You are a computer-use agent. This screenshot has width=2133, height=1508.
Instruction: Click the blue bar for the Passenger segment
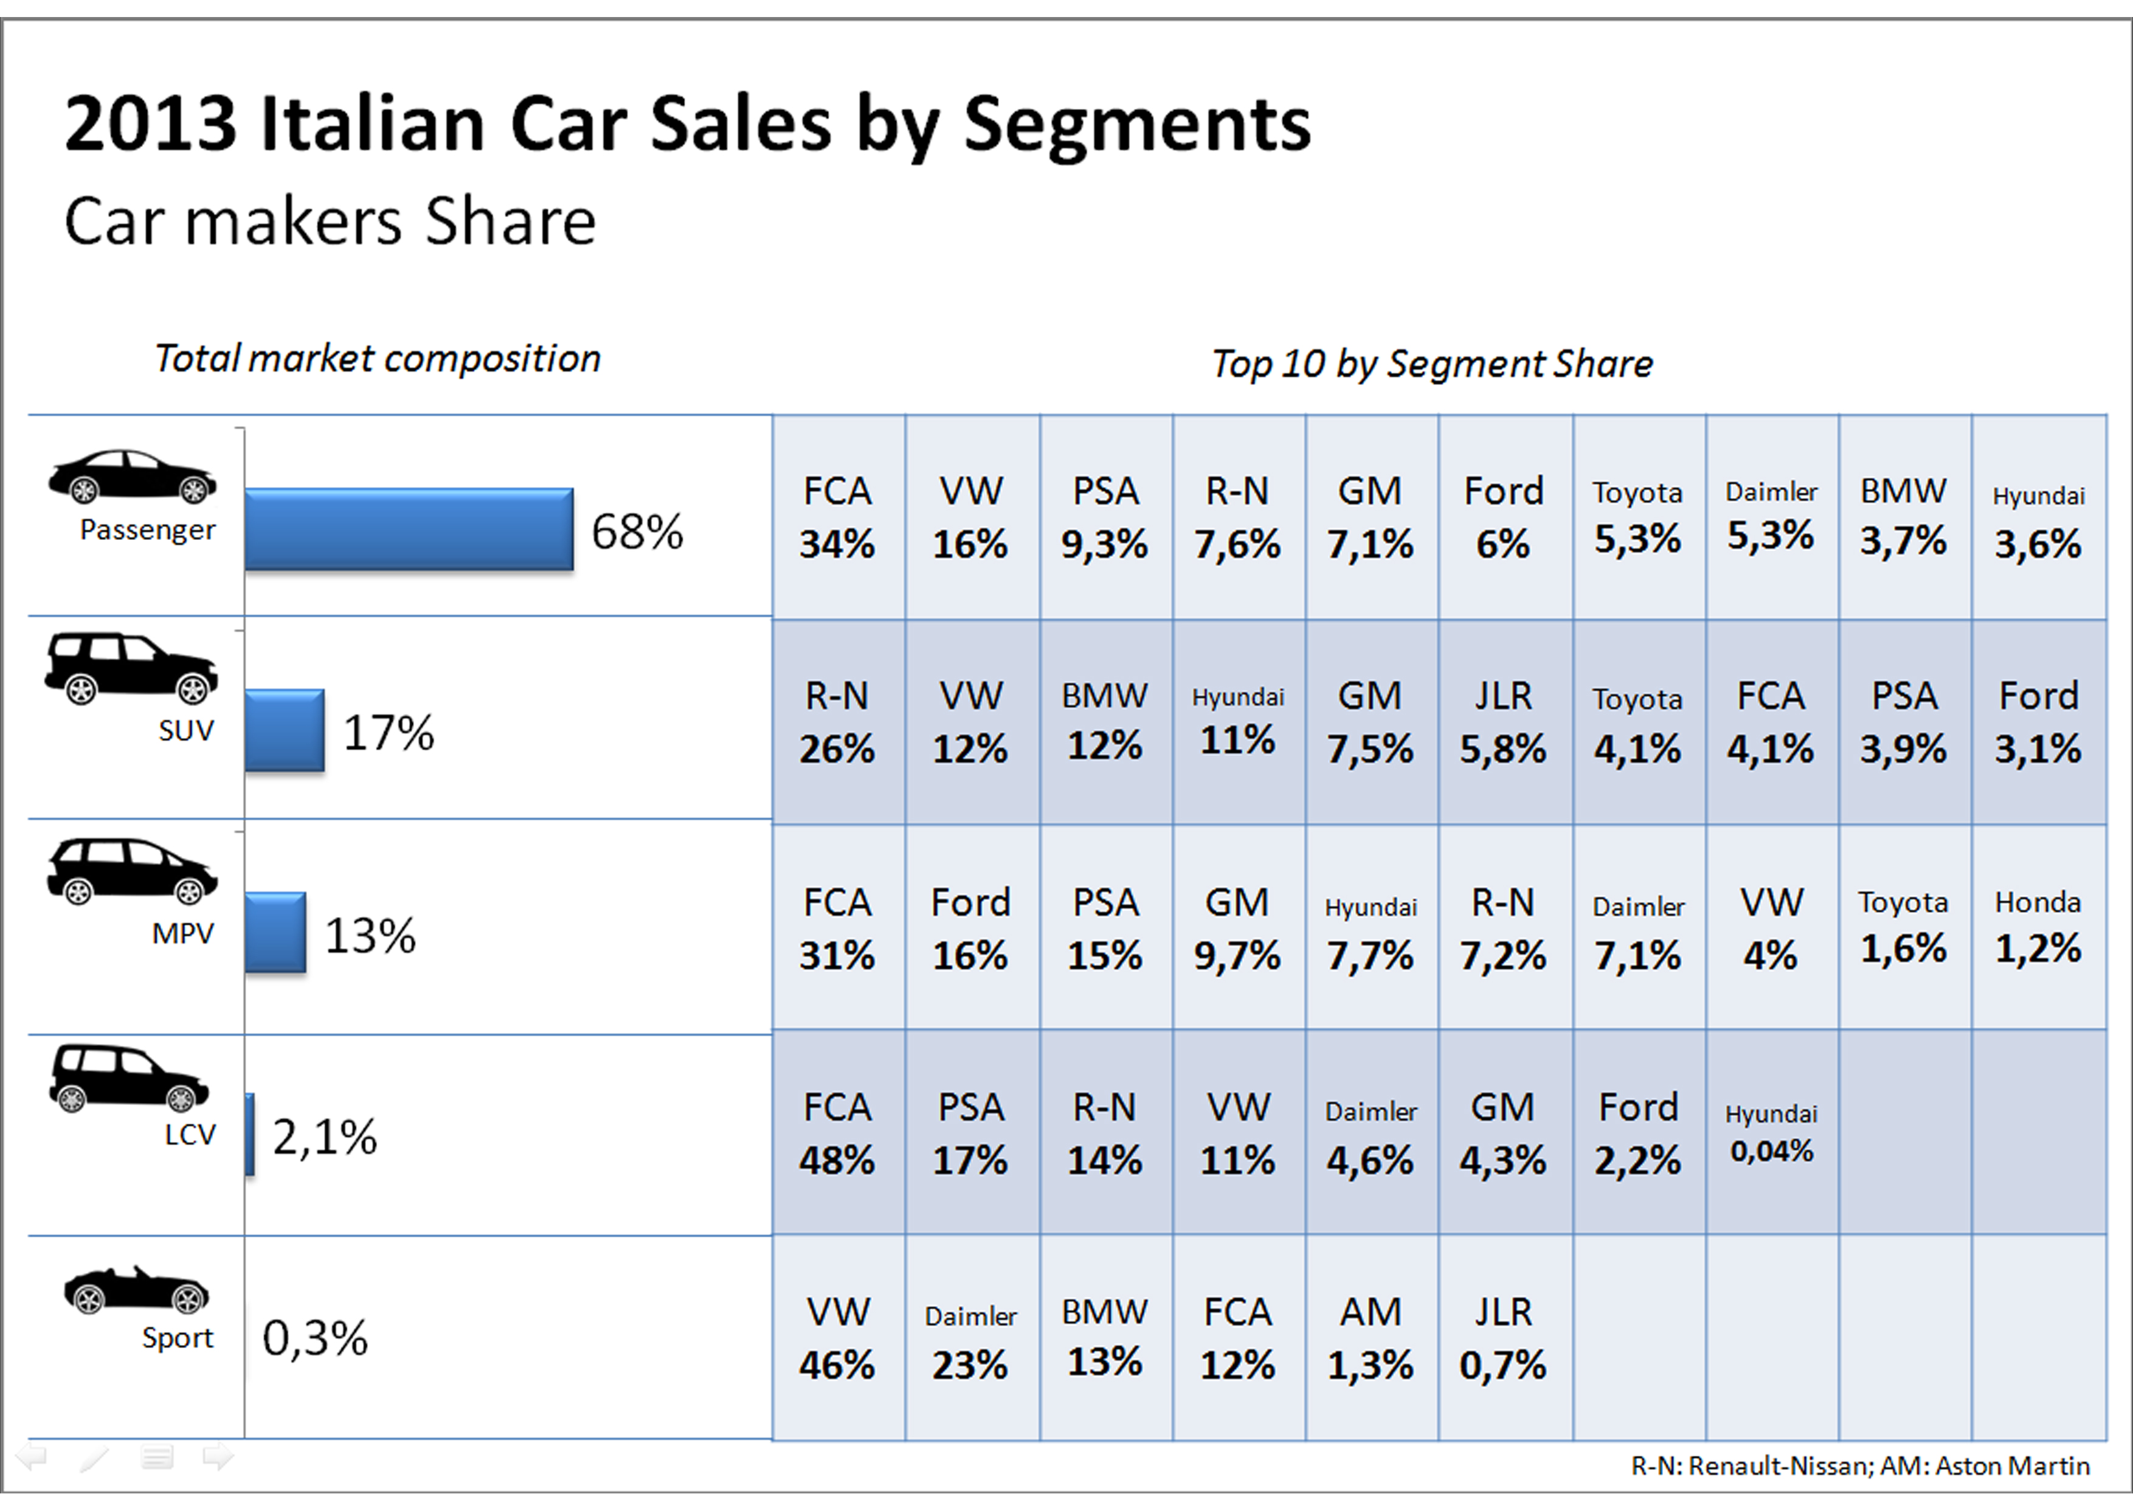coord(409,528)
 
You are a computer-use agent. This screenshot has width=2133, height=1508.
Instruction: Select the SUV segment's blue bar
coord(285,730)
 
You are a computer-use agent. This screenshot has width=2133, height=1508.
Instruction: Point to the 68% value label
coord(637,533)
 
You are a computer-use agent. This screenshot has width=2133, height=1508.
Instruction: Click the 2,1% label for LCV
coord(324,1137)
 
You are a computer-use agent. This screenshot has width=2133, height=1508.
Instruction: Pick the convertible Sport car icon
coord(137,1290)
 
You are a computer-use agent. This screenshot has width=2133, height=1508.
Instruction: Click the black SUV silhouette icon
coord(131,667)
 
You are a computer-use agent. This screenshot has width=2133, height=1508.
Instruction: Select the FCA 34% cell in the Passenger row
coord(837,517)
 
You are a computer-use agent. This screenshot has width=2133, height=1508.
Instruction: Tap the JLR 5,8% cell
coord(1503,722)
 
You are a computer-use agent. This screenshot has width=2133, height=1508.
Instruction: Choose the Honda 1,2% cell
coord(2038,926)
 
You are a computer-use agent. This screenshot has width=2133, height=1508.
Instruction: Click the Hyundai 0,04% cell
coord(1771,1133)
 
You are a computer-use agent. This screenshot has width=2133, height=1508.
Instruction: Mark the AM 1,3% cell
coord(1371,1338)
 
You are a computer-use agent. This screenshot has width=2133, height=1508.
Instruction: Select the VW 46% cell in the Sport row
coord(837,1338)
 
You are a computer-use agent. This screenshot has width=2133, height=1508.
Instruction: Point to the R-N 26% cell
coord(837,722)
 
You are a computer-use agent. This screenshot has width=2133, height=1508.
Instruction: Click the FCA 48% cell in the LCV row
coord(837,1133)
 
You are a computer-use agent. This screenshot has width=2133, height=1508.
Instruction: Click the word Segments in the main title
coord(1136,125)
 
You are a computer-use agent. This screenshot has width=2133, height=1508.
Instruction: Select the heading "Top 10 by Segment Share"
coord(1431,363)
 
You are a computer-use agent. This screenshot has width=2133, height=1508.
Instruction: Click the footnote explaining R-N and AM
coord(1860,1466)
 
